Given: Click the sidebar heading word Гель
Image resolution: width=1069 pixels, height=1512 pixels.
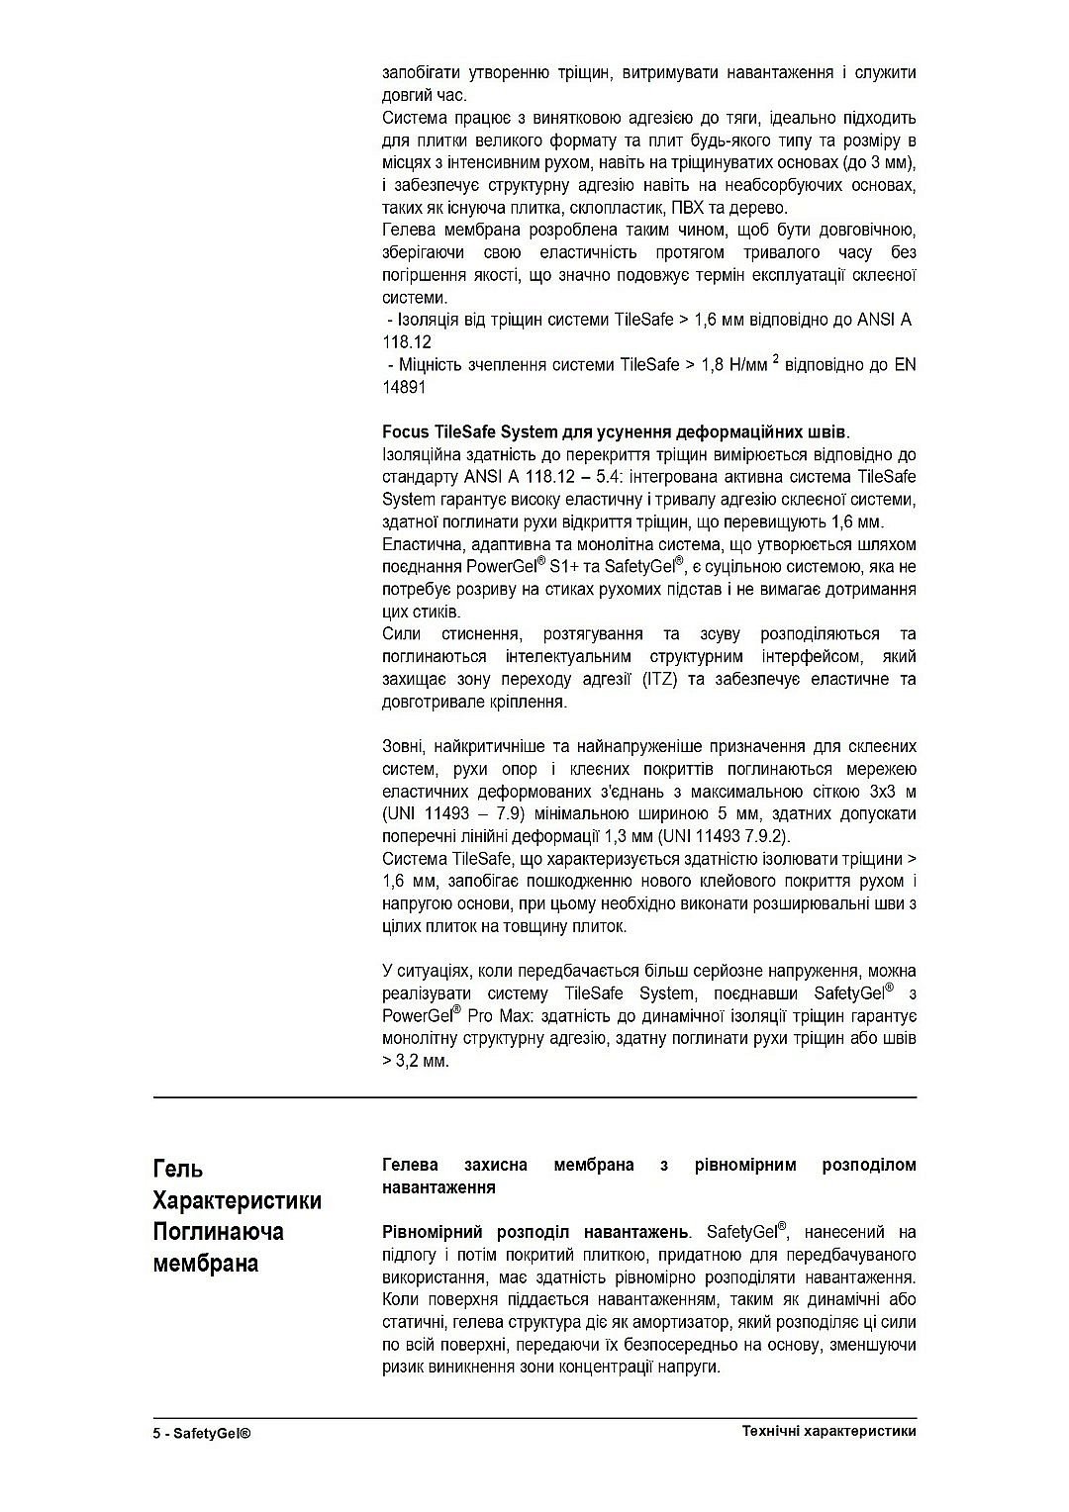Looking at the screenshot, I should [178, 1169].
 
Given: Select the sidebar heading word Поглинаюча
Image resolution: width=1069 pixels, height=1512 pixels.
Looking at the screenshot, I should [218, 1232].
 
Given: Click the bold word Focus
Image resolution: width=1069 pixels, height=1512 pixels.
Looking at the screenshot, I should [405, 432].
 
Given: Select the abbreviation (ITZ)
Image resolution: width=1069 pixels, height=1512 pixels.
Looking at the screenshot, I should [660, 680].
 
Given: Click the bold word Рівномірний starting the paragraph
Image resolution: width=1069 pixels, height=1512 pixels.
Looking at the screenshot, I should [433, 1232].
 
